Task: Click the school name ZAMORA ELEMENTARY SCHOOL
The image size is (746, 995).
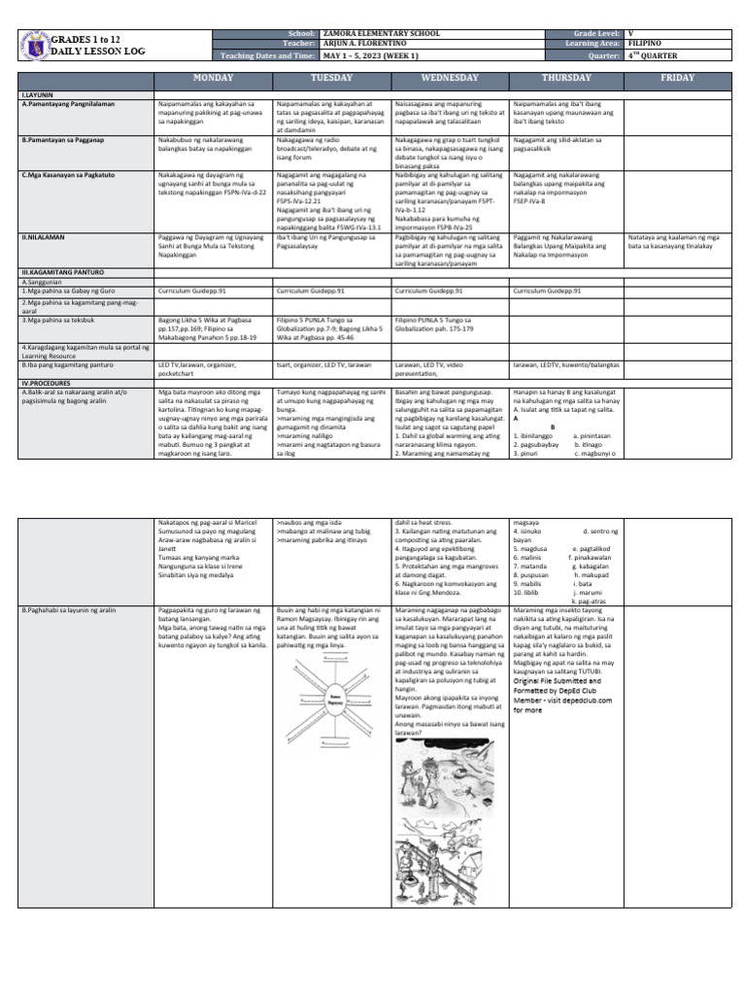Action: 383,32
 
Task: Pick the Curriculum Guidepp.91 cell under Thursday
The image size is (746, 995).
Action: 546,291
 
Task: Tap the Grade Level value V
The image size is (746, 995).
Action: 632,32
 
